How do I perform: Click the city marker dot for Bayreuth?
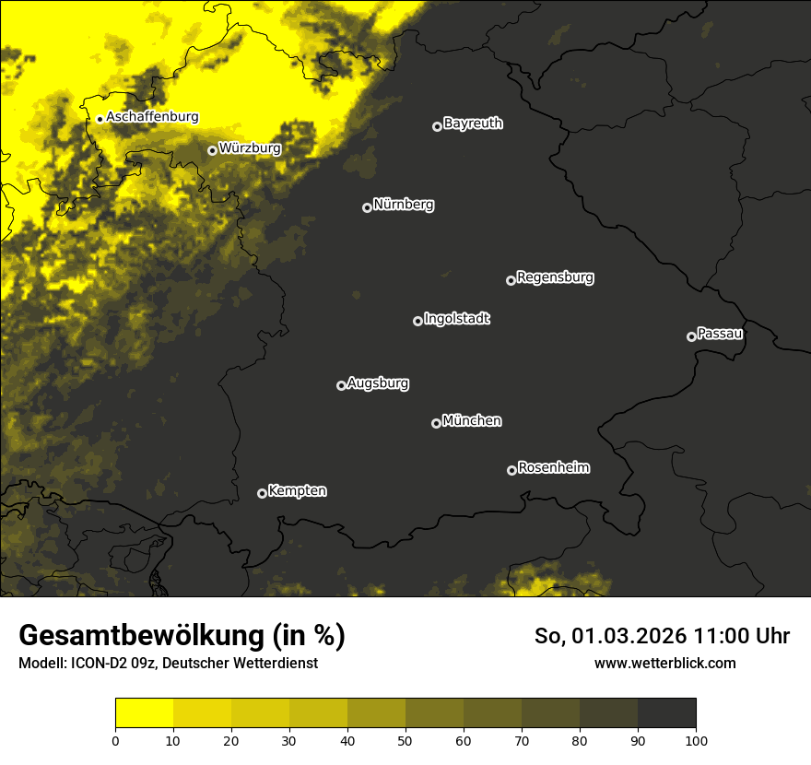coord(437,126)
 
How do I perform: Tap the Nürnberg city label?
coord(404,205)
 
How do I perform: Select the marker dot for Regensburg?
coord(511,280)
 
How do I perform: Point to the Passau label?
coord(720,333)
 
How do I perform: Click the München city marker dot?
coord(436,424)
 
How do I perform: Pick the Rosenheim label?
coord(553,467)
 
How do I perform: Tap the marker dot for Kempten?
coord(262,493)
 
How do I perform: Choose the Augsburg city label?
coord(378,382)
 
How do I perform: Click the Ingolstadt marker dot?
coord(417,321)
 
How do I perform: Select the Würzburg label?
coord(250,147)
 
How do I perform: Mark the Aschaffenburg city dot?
coord(100,119)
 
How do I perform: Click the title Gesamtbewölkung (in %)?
coord(182,635)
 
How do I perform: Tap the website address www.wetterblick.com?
coord(664,663)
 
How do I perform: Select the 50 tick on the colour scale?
coord(405,739)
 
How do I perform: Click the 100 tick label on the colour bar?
coord(696,739)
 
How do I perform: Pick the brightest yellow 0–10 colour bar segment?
coord(145,713)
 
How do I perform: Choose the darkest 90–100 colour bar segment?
coord(666,713)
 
